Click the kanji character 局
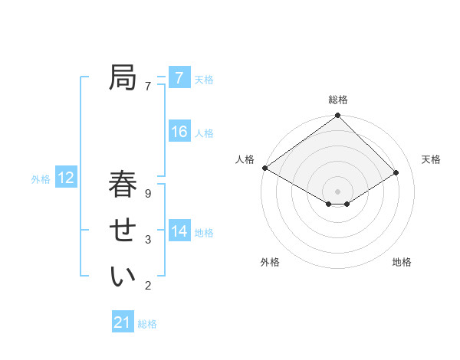tap(123, 77)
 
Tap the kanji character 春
tap(123, 185)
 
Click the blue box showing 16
tap(179, 132)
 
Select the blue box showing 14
tap(179, 231)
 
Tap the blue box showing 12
tap(65, 178)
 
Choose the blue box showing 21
tap(123, 322)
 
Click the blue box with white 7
tap(179, 78)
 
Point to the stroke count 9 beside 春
tap(148, 194)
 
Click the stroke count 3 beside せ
tap(148, 240)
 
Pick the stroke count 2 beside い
tap(148, 286)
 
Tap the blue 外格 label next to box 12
tap(41, 179)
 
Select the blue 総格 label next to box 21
tap(147, 324)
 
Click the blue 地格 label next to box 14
tap(204, 232)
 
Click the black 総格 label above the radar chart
tap(338, 100)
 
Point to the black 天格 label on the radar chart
tap(431, 159)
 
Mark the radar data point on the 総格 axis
tap(338, 116)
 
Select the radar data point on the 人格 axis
tap(264, 168)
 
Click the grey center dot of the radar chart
tap(338, 190)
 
